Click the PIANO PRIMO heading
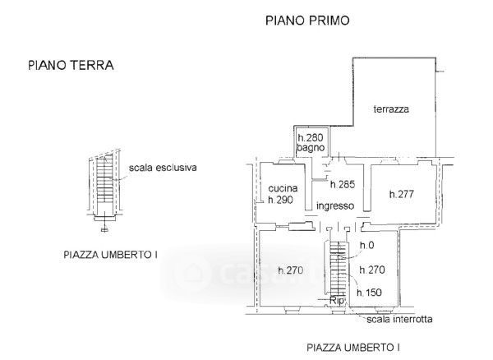pos(307,21)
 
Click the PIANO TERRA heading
pos(71,65)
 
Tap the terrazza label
pos(391,109)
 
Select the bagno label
pos(311,148)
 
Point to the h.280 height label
pos(311,137)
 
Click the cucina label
pos(283,188)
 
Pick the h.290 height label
pos(280,200)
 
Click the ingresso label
pos(335,206)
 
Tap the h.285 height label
pos(343,184)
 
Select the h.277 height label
pos(402,194)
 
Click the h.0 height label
pos(367,245)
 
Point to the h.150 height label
pos(369,293)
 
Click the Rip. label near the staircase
pos(337,301)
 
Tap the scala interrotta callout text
pos(399,320)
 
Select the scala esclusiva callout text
pos(163,168)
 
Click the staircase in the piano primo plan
pos(338,268)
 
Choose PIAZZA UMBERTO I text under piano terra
pos(110,255)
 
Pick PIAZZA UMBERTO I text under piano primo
pos(353,348)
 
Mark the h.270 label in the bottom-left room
pos(291,270)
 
